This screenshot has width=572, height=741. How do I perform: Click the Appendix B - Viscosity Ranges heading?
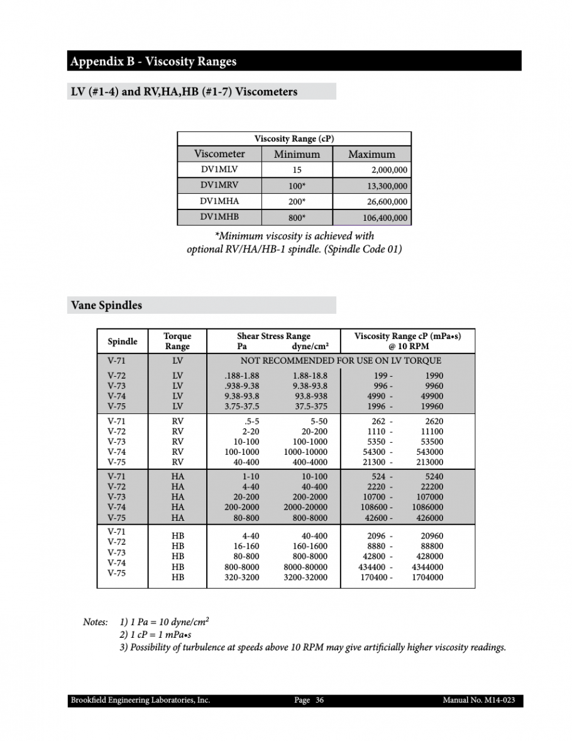click(x=153, y=62)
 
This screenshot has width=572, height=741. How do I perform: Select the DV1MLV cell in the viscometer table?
click(x=219, y=170)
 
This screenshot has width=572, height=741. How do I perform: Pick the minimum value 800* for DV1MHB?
click(x=297, y=218)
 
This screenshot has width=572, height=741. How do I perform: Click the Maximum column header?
click(x=371, y=154)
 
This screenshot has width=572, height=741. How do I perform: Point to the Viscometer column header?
click(x=219, y=154)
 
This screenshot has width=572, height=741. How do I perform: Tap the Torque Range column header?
click(x=177, y=342)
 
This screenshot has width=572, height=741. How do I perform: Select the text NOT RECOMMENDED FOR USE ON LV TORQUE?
click(x=341, y=361)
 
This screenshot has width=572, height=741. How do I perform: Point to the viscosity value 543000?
click(x=429, y=452)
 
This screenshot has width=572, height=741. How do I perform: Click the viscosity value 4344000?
click(x=427, y=567)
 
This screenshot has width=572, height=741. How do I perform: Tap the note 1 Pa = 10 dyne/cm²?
click(x=164, y=622)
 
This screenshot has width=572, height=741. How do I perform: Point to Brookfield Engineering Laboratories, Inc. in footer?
click(x=140, y=701)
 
